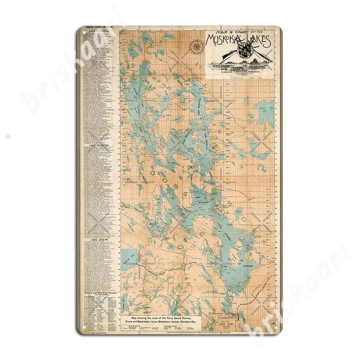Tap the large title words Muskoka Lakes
238,43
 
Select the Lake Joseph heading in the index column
100,240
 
